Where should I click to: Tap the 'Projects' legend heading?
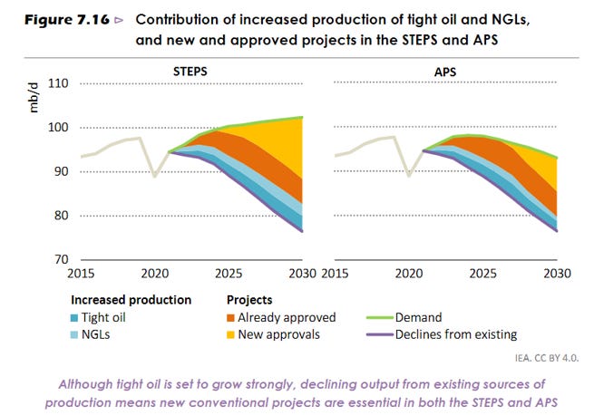[x=249, y=299]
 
